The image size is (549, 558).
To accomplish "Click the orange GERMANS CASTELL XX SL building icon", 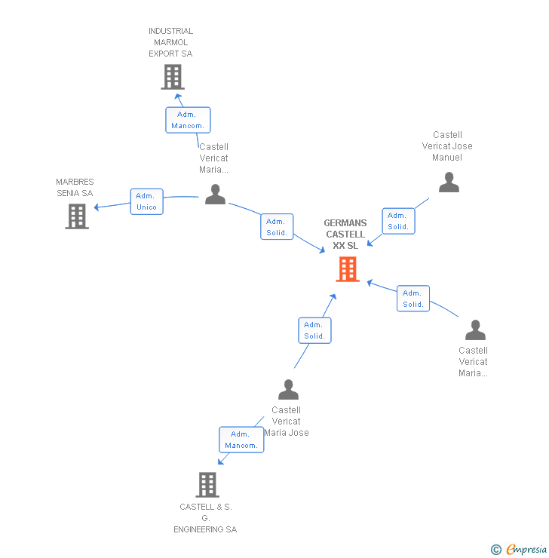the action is point(347,269).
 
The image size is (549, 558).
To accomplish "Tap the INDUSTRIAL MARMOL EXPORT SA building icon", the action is point(173,77).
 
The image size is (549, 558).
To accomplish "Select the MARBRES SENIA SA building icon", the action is point(77,216).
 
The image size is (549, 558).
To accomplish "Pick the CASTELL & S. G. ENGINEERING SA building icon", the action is point(207,485).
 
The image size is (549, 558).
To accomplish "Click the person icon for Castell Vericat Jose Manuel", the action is point(449,182).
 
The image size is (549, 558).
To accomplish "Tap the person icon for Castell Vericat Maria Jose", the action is point(288,390).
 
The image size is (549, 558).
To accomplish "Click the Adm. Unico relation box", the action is point(146,201).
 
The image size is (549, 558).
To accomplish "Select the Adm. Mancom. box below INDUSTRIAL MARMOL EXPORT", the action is point(188,120).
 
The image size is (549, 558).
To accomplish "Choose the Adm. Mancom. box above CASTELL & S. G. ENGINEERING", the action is point(241,440).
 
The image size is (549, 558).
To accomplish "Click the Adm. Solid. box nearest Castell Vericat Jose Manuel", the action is point(398,221).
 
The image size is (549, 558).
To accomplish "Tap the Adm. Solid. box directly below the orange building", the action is point(314,330).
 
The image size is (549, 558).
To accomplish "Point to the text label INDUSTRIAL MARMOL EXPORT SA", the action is point(170,42).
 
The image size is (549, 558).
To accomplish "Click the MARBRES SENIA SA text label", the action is point(75,187).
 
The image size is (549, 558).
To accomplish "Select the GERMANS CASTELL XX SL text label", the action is point(345,234).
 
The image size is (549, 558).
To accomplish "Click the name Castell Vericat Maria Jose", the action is point(287,422).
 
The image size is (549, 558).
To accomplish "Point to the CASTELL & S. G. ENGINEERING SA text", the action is point(205,518).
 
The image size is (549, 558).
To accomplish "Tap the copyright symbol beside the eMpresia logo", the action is point(496,550).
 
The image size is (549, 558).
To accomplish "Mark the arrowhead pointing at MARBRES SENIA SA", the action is point(97,207).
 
